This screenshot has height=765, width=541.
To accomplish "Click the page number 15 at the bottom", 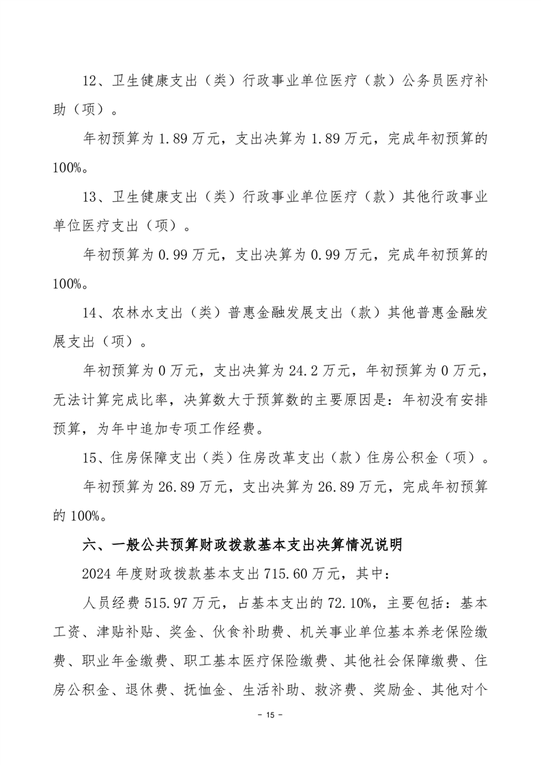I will pos(269,734).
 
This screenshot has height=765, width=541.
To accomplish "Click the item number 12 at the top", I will pos(90,82).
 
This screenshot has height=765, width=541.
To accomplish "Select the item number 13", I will pos(90,197).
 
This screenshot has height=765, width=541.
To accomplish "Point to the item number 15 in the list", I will pos(90,458).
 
